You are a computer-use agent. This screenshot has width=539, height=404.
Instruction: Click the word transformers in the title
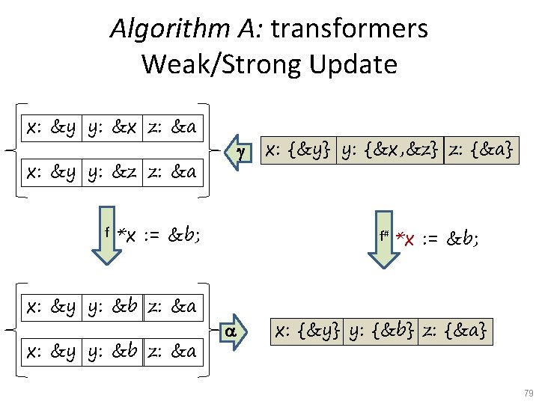(x=350, y=29)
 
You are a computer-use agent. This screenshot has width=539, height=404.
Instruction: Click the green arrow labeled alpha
(x=234, y=331)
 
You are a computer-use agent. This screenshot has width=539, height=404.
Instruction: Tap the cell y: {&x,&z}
(x=390, y=150)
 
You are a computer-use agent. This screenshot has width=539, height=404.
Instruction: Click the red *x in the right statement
(x=406, y=239)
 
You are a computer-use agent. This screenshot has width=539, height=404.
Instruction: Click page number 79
(x=528, y=393)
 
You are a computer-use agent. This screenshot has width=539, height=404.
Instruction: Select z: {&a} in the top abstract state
(x=480, y=150)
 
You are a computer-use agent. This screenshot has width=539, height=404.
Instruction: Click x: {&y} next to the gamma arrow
(x=299, y=150)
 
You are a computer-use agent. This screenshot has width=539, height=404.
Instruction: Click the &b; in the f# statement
(x=463, y=239)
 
